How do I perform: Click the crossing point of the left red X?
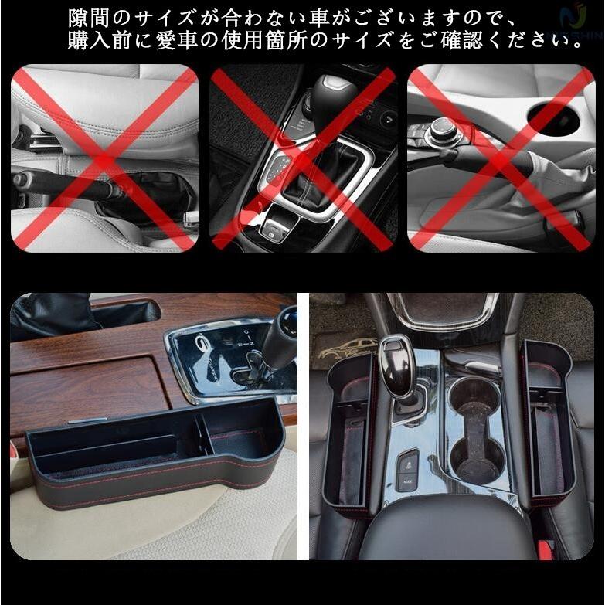[104, 158]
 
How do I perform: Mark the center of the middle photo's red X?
[303, 158]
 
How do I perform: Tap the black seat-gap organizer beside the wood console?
[155, 464]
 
